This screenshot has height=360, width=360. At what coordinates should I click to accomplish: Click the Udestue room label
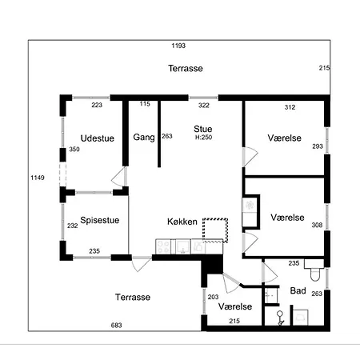[x=98, y=138]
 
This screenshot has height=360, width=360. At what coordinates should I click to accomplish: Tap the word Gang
[x=144, y=138]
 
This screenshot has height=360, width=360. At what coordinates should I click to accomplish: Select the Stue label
[x=203, y=129]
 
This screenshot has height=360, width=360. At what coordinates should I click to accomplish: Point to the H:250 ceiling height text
[x=203, y=138]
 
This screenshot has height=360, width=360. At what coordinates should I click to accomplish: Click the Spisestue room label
[x=100, y=220]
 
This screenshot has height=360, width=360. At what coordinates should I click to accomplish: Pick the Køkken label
[x=182, y=222]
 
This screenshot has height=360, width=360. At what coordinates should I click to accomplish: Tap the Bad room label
[x=298, y=290]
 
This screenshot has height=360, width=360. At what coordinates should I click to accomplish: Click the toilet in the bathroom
[x=314, y=270]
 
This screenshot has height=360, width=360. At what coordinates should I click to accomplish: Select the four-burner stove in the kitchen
[x=163, y=246]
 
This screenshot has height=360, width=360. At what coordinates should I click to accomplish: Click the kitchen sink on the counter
[x=183, y=246]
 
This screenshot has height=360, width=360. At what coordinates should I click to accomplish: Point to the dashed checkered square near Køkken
[x=215, y=230]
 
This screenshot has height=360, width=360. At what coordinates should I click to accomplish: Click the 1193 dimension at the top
[x=178, y=46]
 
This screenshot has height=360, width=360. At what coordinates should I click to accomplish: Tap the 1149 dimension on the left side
[x=38, y=178]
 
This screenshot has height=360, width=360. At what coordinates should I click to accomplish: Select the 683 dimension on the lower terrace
[x=117, y=326]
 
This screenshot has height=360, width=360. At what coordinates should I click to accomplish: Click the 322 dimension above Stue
[x=204, y=106]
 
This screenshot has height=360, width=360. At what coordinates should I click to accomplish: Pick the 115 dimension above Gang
[x=145, y=104]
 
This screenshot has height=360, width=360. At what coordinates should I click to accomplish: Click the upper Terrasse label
[x=186, y=68]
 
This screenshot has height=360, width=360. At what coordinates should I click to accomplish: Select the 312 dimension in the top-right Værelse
[x=290, y=107]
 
